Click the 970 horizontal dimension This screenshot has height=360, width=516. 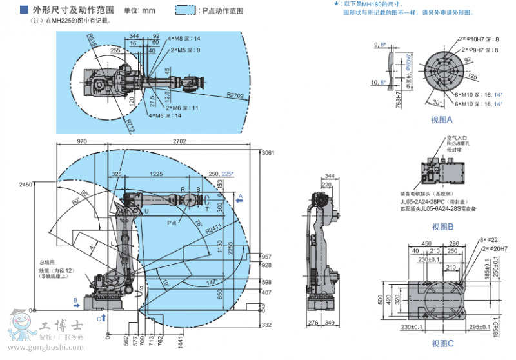pyautogui.click(x=82, y=140)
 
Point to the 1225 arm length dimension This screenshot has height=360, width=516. pyautogui.click(x=155, y=174)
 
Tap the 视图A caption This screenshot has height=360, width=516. pyautogui.click(x=442, y=120)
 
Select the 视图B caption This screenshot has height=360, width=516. pyautogui.click(x=442, y=226)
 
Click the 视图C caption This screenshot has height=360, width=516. pyautogui.click(x=442, y=343)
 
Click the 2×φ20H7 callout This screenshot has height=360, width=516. pyautogui.click(x=493, y=248)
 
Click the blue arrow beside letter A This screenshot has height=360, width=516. pyautogui.click(x=240, y=201)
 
